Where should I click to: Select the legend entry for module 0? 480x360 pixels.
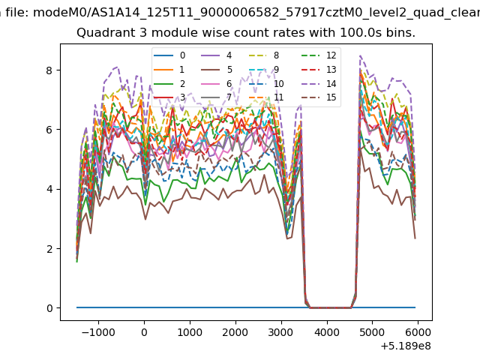(x=169, y=55)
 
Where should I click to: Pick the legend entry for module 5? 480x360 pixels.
(x=217, y=70)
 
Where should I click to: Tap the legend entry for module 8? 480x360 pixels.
(x=264, y=55)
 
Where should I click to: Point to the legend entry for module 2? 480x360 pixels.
(x=169, y=83)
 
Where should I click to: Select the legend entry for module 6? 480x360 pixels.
(x=217, y=83)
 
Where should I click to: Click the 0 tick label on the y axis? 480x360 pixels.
(x=49, y=308)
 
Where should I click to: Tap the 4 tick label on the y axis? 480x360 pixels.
(x=49, y=189)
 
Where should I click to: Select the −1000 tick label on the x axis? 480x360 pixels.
(x=98, y=332)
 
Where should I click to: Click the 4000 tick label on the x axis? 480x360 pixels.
(x=327, y=332)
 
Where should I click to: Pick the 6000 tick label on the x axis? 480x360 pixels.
(x=418, y=332)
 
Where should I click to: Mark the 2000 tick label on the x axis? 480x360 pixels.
(x=235, y=332)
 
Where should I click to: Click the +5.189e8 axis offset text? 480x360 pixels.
(x=406, y=346)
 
